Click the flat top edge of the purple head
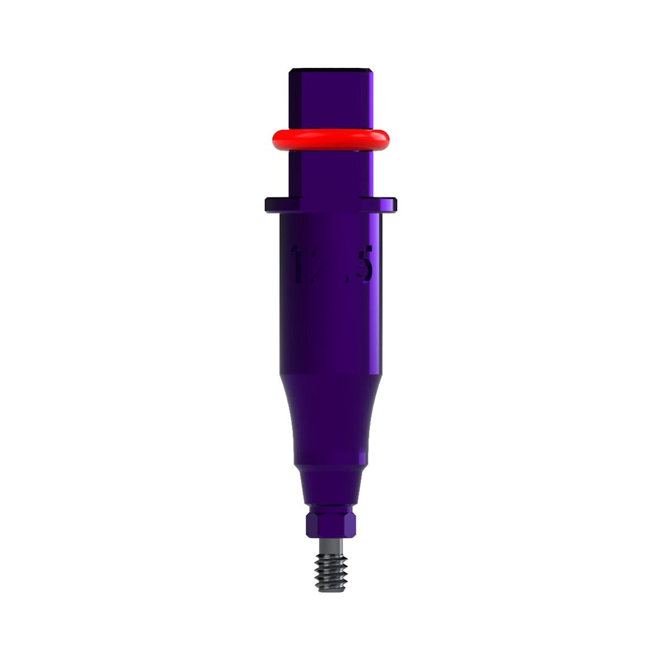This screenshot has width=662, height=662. point(330,70)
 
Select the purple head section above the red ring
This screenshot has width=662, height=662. point(330,99)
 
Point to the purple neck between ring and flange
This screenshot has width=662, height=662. point(330,174)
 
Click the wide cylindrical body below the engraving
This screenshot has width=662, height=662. point(330,331)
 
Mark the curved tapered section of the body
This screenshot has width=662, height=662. point(330,414)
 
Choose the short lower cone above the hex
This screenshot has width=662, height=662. point(330,483)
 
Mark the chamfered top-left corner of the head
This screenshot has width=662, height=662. point(290,71)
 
